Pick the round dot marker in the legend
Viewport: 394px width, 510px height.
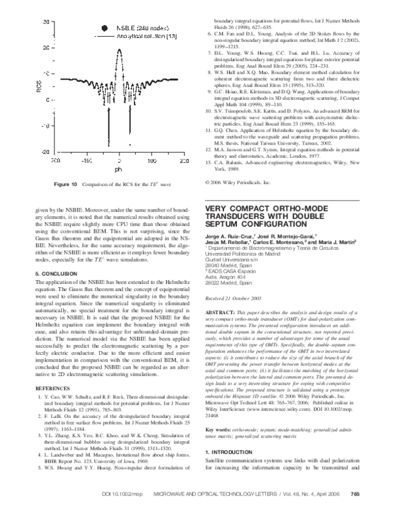tap(104, 28)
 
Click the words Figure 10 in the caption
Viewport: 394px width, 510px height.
tap(65, 185)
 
